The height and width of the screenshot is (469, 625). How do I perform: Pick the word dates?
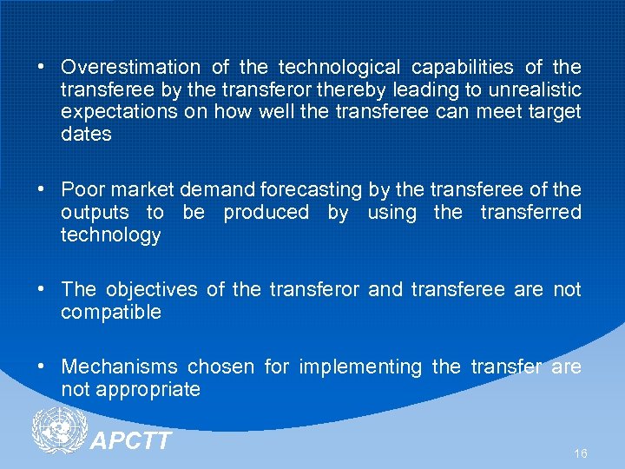[86, 134]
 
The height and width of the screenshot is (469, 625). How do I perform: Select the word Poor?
[81, 189]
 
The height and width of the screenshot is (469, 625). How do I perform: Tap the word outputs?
[95, 212]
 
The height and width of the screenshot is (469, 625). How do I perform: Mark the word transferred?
[530, 212]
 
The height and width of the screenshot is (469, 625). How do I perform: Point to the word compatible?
[111, 313]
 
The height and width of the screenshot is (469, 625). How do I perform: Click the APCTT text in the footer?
[131, 440]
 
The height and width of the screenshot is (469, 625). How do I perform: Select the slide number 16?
[580, 454]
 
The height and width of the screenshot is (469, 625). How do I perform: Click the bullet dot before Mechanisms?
[42, 367]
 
